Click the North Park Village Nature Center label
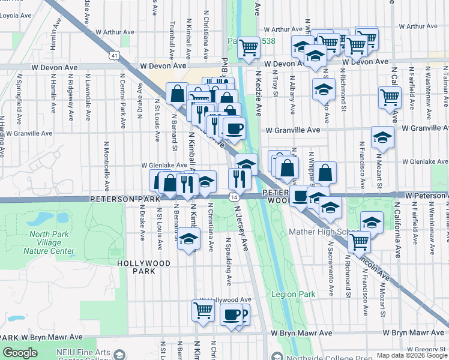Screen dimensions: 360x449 pyautogui.click(x=52, y=243)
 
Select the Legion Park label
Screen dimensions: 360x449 pyautogui.click(x=293, y=295)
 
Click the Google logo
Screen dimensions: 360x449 pyautogui.click(x=20, y=353)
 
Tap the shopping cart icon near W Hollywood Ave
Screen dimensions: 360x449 pyautogui.click(x=203, y=311)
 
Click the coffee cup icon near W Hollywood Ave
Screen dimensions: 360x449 pyautogui.click(x=231, y=314)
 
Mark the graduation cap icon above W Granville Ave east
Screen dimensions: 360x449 pyautogui.click(x=382, y=137)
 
